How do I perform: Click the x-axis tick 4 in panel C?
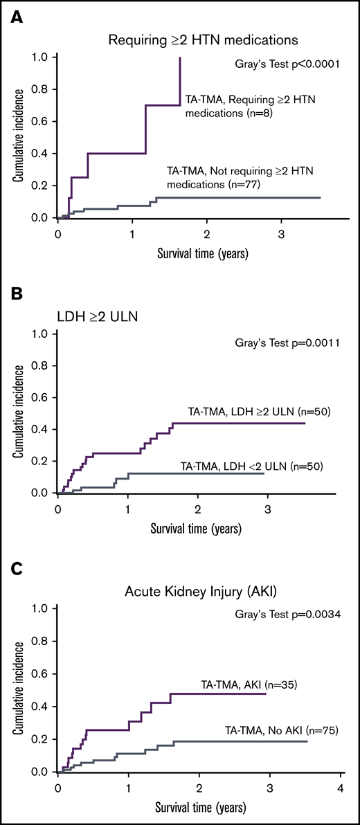point(339,789)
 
